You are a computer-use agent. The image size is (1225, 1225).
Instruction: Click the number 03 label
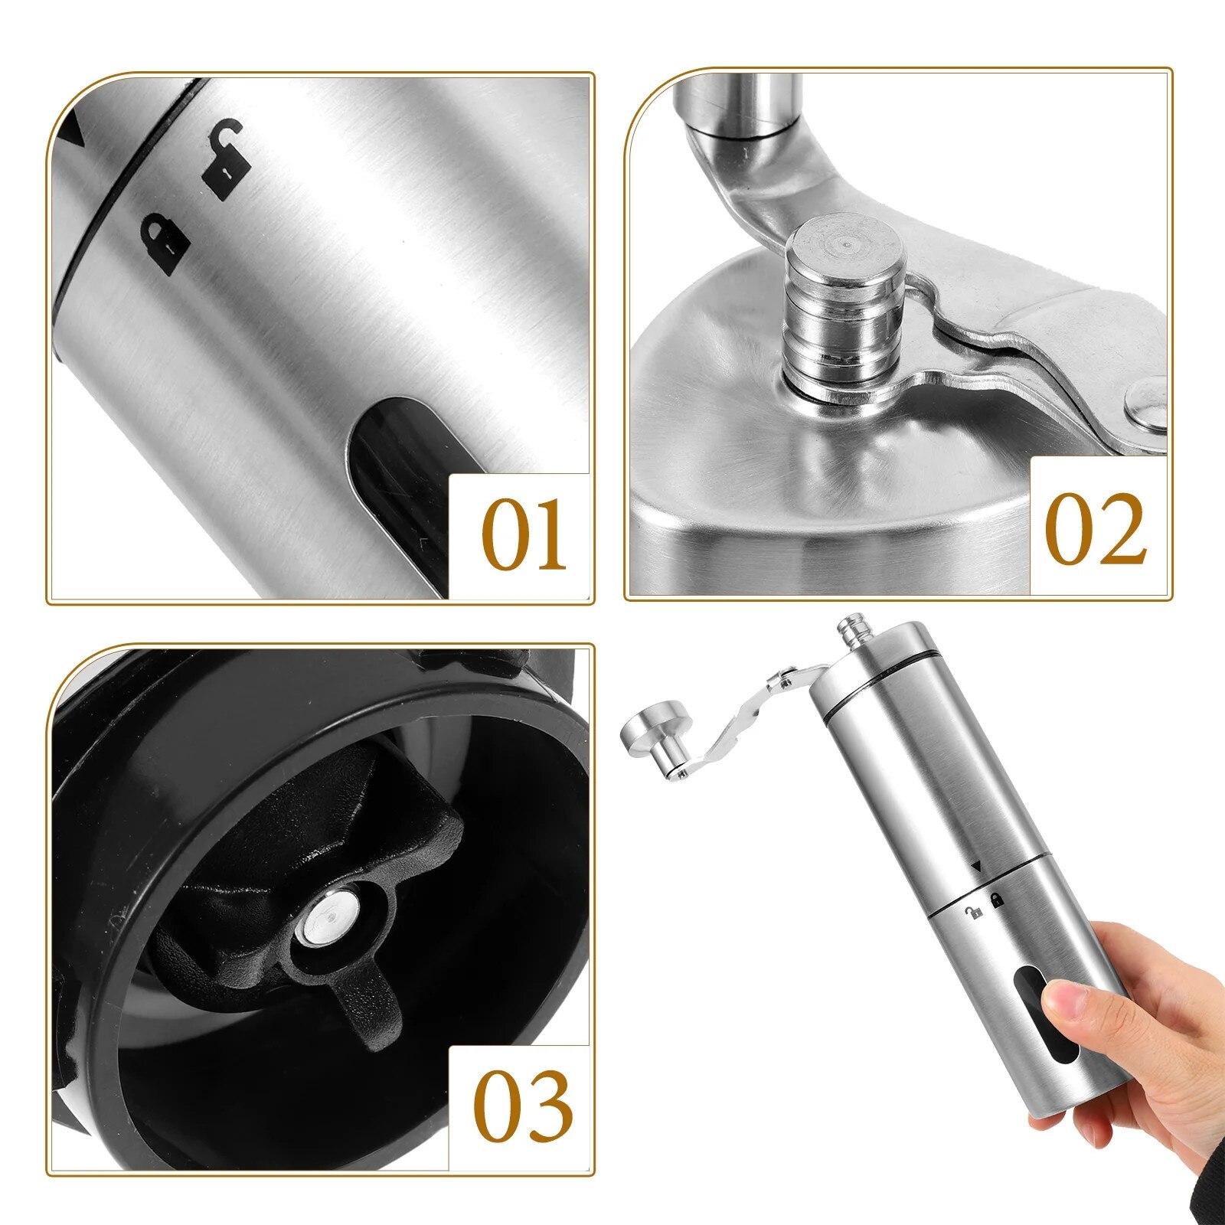coord(523,1107)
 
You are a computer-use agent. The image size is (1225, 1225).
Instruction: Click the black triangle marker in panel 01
coord(74,130)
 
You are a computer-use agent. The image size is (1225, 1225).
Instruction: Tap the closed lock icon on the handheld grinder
coord(998,900)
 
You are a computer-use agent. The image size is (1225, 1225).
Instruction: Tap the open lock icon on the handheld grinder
coord(974,912)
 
